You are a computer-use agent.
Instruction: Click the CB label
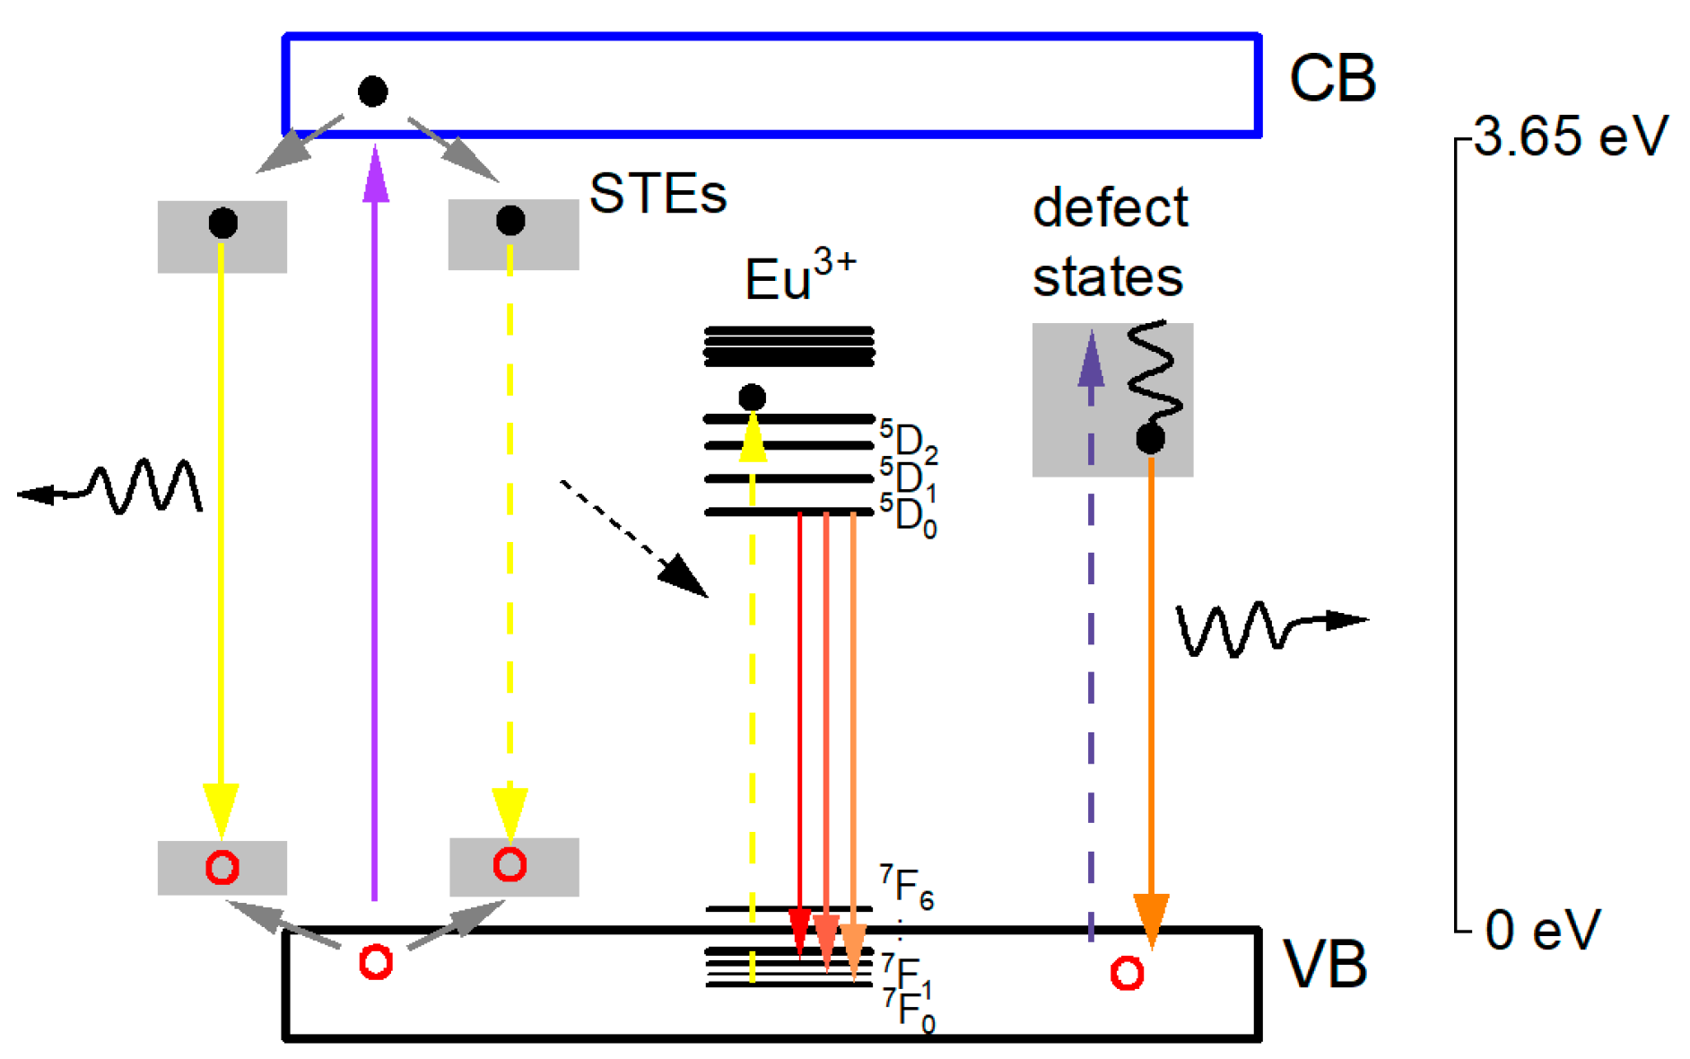point(1331,79)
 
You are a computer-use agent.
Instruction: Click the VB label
point(1325,966)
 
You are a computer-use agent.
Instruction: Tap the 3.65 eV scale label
point(1570,136)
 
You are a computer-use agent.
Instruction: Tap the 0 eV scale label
point(1542,930)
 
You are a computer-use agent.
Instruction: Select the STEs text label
point(658,193)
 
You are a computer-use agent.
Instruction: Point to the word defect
point(1110,208)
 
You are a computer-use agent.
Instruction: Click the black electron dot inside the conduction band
point(372,91)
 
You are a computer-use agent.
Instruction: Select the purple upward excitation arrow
point(375,521)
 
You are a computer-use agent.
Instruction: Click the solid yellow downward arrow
point(222,538)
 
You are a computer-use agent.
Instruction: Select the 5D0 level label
point(908,516)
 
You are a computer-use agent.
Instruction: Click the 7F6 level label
point(906,887)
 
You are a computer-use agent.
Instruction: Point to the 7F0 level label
point(909,1011)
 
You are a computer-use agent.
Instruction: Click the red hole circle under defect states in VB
point(1127,974)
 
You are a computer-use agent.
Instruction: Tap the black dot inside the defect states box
point(1150,439)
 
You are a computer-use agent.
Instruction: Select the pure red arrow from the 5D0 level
point(799,718)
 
